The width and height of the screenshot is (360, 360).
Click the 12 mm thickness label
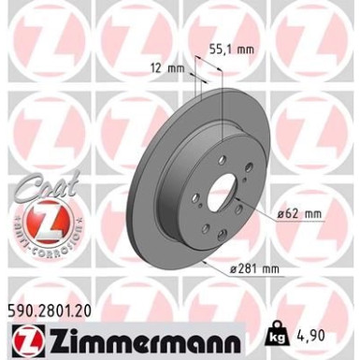coord(165,67)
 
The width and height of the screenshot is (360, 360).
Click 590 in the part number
coord(17,304)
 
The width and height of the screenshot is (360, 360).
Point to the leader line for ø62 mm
coord(265,215)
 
